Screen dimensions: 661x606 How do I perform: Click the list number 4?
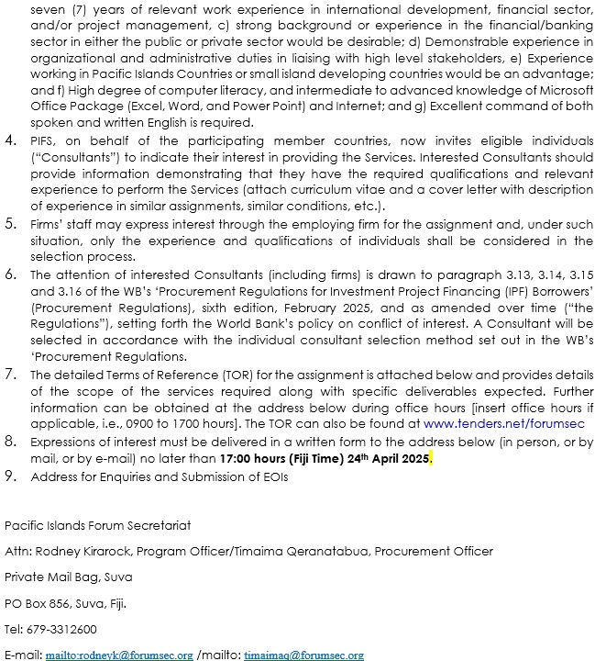tap(10, 140)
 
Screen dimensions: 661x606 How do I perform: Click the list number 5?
tap(10, 223)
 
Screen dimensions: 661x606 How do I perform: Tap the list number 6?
tap(10, 274)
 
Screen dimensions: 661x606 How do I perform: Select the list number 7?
tap(10, 374)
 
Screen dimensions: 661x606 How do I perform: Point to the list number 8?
tap(10, 441)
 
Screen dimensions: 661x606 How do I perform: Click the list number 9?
tap(10, 476)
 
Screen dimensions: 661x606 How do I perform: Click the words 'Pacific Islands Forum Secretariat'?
tap(97, 525)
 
